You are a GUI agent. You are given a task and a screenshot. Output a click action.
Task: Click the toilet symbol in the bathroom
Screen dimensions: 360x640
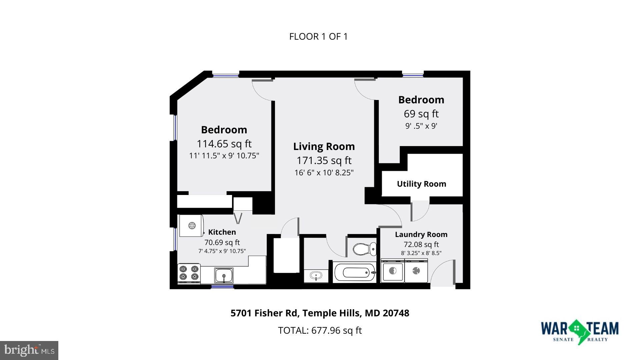364,249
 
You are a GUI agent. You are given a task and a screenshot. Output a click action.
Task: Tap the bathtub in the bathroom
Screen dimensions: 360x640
355,273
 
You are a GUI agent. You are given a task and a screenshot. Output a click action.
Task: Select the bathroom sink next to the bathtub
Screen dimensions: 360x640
316,276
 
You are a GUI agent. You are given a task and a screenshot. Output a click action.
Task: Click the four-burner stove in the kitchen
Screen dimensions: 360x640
189,273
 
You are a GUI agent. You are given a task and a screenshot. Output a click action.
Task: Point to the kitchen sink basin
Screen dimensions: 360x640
224,275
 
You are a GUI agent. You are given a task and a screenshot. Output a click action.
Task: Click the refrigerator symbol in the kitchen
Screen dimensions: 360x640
191,226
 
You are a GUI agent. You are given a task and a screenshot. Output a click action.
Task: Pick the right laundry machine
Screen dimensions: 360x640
416,271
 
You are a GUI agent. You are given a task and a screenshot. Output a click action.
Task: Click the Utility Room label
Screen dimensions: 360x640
421,184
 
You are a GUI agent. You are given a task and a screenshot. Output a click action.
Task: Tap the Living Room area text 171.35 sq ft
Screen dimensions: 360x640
324,160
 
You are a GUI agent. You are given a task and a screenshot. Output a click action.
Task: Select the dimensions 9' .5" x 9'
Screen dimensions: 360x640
421,126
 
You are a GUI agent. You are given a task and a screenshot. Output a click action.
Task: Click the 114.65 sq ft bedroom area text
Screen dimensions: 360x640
224,144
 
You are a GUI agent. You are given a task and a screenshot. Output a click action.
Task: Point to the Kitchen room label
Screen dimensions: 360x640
222,232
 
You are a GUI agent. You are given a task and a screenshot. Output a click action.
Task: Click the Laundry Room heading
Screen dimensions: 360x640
421,234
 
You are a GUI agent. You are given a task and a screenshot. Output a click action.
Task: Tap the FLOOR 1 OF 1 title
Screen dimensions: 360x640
318,36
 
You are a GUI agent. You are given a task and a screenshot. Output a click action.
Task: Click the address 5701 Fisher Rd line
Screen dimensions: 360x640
320,313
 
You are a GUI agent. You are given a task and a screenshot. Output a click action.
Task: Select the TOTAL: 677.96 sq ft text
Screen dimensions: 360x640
320,330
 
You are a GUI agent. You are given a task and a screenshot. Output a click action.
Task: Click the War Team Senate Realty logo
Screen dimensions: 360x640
579,331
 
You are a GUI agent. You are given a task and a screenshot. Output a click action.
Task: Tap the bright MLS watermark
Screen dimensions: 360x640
29,350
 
